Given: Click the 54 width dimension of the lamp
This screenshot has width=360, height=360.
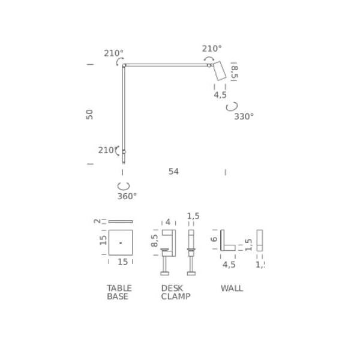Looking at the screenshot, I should [x=173, y=172].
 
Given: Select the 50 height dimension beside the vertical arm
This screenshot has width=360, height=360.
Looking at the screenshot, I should [x=89, y=114].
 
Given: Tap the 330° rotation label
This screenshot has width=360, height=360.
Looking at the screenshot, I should [x=244, y=116].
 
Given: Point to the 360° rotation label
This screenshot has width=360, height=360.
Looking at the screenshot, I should [x=127, y=196].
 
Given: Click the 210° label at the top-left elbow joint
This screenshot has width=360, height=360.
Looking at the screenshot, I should [x=113, y=53].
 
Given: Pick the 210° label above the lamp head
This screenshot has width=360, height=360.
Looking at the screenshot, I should [x=211, y=49].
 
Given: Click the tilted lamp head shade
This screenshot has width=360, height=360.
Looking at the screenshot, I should [x=219, y=71].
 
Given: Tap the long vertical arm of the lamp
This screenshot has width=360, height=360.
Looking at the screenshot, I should [x=124, y=108].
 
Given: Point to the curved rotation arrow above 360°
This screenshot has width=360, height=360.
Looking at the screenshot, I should [x=124, y=185].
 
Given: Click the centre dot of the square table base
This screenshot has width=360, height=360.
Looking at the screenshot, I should [x=121, y=242].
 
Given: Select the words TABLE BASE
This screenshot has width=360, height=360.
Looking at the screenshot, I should [x=118, y=292].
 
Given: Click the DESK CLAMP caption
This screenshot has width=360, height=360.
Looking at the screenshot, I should [x=175, y=292].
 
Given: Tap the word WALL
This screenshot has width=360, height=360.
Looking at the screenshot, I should [x=232, y=288].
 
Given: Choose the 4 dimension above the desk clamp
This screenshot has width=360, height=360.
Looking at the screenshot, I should [x=168, y=221].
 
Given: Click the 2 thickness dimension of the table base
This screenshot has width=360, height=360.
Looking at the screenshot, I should [x=97, y=221].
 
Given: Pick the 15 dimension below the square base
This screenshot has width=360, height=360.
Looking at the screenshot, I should [x=122, y=262].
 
